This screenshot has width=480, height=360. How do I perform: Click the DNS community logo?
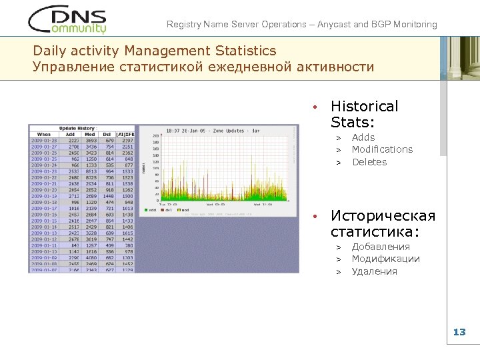tap(67, 20)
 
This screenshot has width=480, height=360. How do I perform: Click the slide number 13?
tap(459, 332)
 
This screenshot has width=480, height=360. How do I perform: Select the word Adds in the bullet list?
tap(363, 137)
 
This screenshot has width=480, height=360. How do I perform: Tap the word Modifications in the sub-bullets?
tap(382, 149)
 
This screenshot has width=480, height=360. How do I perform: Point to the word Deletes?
tap(369, 162)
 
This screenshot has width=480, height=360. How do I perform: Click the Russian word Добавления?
tap(381, 247)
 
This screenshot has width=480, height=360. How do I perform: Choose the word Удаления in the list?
tap(374, 271)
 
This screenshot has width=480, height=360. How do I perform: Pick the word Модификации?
tap(385, 259)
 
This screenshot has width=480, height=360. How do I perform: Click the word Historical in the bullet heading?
tap(364, 107)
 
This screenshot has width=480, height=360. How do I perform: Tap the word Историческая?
tap(383, 216)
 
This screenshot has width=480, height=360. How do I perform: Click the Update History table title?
tap(77, 128)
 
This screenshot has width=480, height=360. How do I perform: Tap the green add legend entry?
tap(150, 209)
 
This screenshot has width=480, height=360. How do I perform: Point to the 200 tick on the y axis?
tap(156, 136)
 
